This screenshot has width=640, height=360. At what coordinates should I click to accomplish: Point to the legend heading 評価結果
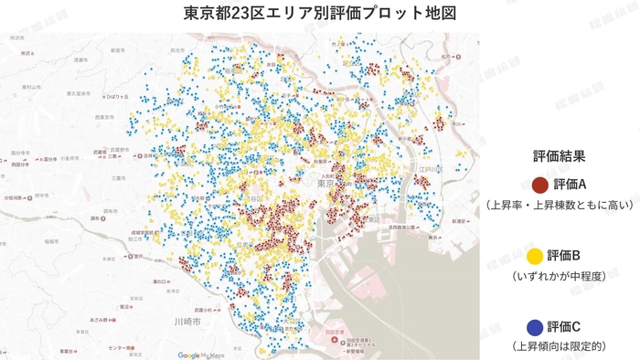(x=558, y=156)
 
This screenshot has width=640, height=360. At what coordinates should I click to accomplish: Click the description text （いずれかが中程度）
(x=559, y=275)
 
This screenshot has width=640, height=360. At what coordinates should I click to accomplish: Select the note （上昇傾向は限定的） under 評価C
(x=559, y=346)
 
